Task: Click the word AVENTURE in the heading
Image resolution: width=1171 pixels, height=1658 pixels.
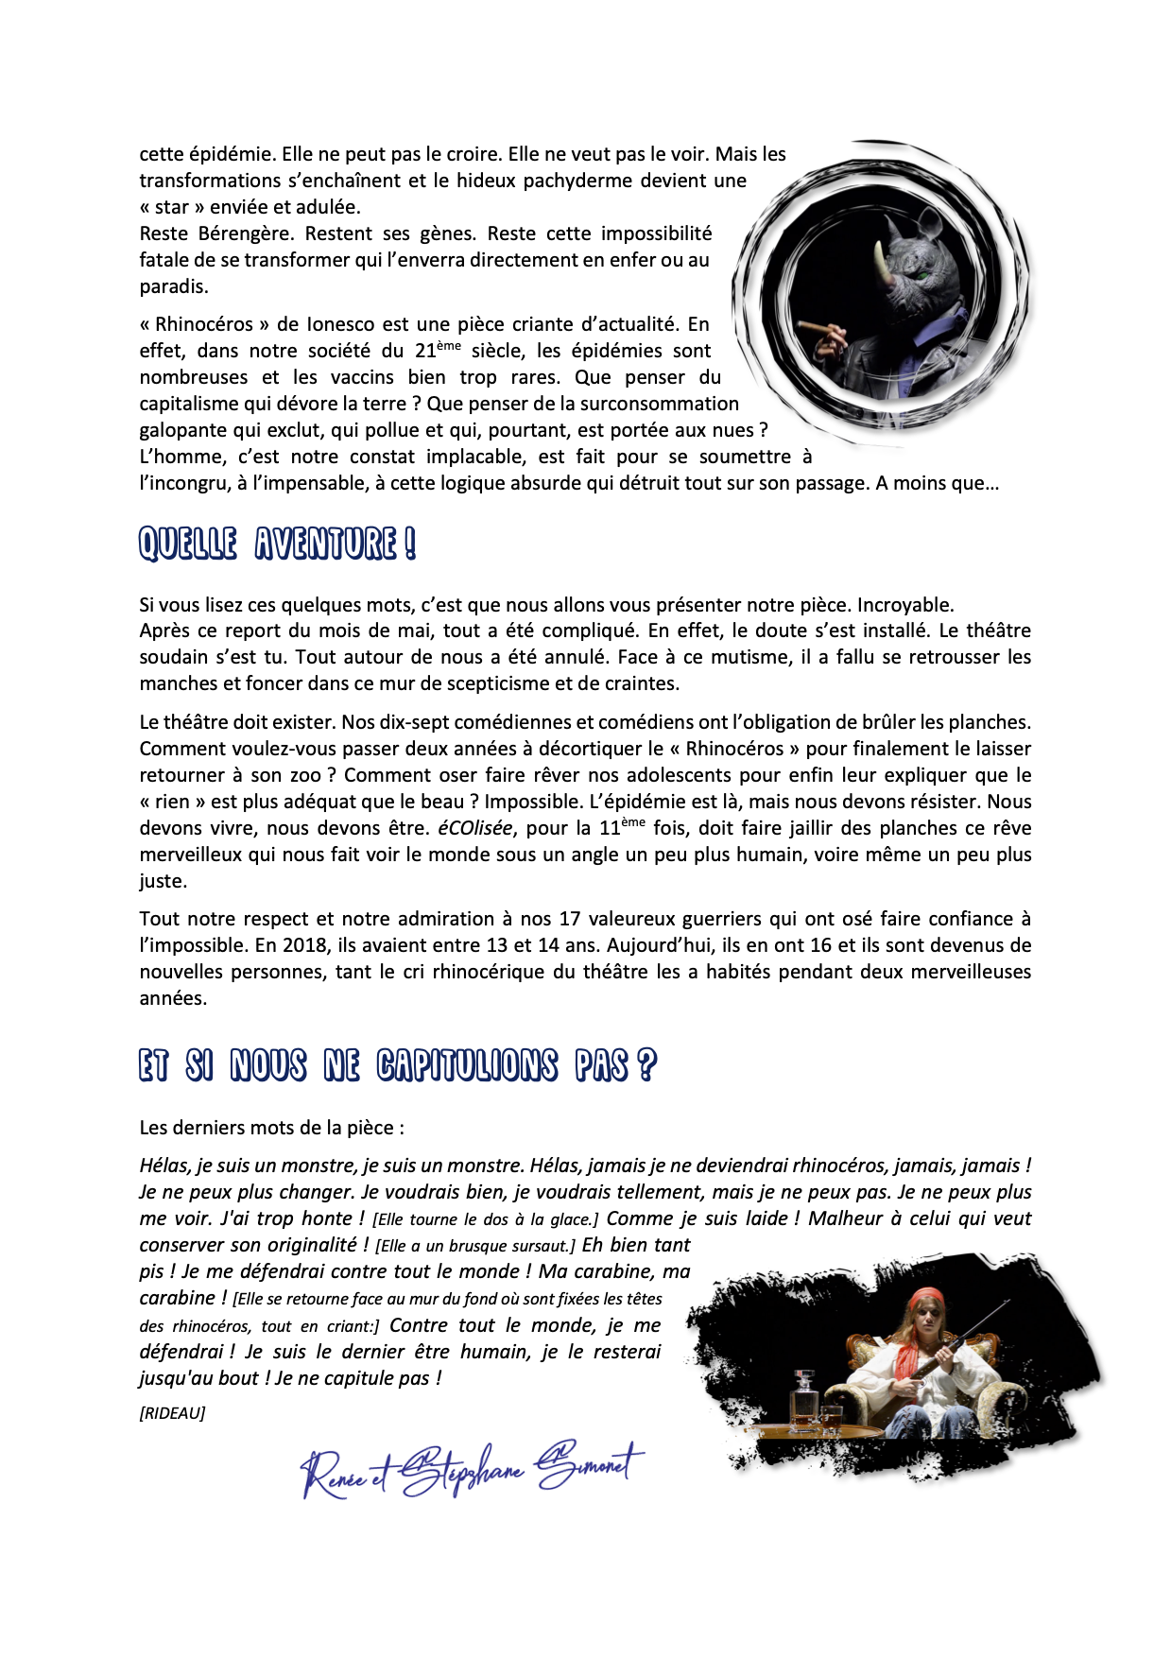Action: point(325,544)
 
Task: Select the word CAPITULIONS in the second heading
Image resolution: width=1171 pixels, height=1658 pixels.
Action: point(467,1065)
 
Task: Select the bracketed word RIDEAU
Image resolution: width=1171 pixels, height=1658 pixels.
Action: point(172,1413)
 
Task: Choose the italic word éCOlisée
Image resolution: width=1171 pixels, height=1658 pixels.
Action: point(475,828)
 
